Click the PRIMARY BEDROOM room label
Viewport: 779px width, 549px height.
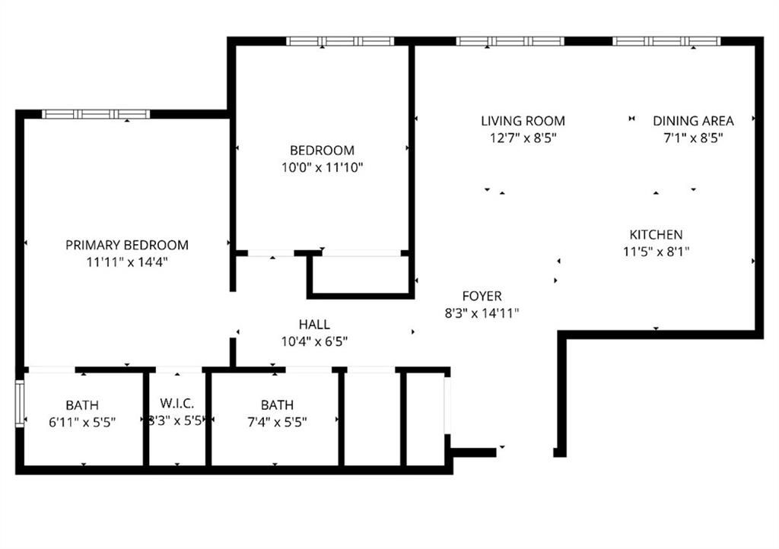pos(127,245)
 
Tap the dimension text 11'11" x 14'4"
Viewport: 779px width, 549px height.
pos(127,262)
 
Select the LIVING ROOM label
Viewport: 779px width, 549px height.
pos(523,121)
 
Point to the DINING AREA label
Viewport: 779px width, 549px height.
pos(693,121)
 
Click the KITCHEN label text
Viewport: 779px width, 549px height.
pos(656,234)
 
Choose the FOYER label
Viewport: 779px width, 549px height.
pos(482,296)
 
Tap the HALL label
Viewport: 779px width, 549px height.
pos(314,324)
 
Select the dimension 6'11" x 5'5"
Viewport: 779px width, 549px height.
pos(82,422)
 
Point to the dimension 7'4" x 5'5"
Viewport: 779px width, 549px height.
pos(277,422)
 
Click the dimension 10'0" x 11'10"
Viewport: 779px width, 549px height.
pos(323,167)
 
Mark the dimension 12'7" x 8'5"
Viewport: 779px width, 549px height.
pos(523,138)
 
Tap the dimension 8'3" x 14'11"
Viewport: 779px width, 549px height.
pos(482,313)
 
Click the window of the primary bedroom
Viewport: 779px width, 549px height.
pos(96,114)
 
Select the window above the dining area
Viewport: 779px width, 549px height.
pos(666,41)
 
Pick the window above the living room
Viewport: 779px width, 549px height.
pos(510,41)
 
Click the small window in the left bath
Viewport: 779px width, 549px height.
pos(20,404)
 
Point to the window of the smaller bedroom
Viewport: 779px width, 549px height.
pos(340,41)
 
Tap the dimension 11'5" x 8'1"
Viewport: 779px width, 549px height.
pos(656,251)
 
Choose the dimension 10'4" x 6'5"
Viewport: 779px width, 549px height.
pos(314,341)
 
